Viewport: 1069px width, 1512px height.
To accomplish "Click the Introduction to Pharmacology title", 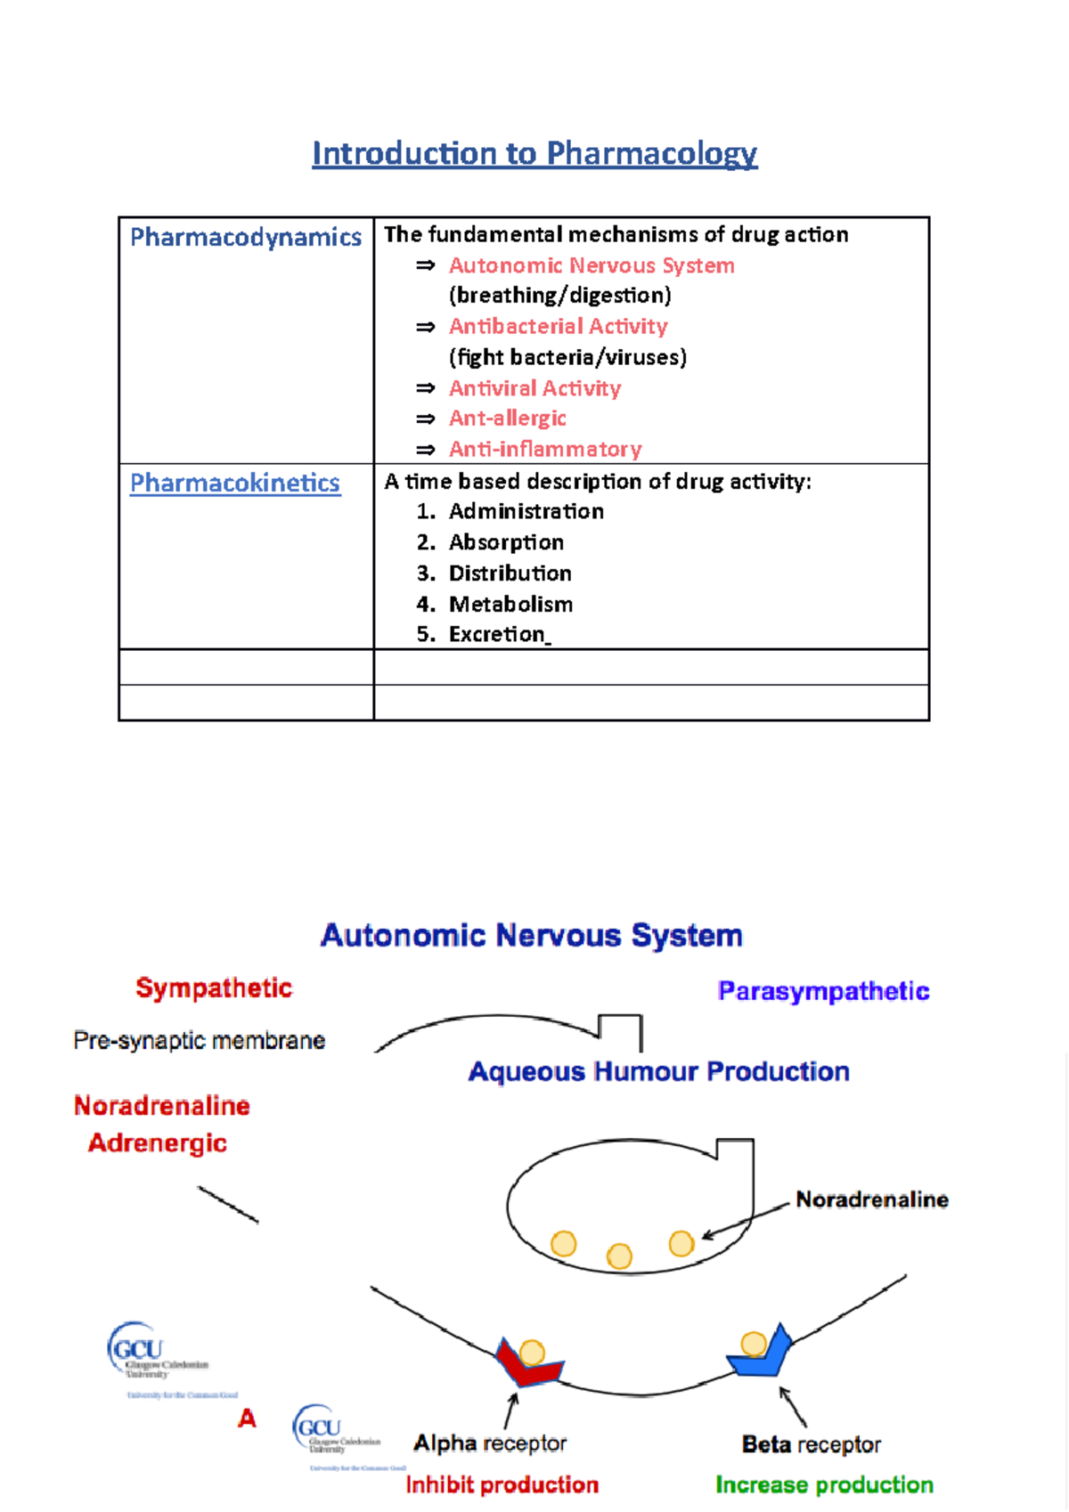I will (x=534, y=153).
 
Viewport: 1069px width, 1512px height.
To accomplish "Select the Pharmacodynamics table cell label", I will (x=245, y=237).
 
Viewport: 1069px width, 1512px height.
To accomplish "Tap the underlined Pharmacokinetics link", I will (x=235, y=483).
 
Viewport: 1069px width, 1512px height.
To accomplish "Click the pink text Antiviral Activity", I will (x=534, y=388).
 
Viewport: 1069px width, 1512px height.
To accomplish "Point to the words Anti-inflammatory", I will (x=545, y=449).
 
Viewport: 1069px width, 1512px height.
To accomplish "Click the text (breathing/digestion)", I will (x=559, y=295).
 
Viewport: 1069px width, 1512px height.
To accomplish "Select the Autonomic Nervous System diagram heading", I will (x=531, y=935).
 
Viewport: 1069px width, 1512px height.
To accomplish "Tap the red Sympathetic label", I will (x=214, y=988).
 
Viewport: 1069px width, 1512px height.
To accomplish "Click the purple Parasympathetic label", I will (x=823, y=991).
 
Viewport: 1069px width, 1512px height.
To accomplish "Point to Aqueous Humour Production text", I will (x=658, y=1071).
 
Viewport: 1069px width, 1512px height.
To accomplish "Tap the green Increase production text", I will (x=824, y=1484).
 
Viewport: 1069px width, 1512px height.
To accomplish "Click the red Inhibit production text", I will (x=502, y=1484).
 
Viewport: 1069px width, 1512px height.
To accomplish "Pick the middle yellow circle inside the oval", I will (x=619, y=1256).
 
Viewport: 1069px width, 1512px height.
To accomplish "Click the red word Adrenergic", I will (x=158, y=1142).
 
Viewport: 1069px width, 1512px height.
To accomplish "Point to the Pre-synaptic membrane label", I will (x=199, y=1040).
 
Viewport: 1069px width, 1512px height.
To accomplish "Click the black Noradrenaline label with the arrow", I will (x=871, y=1199).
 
